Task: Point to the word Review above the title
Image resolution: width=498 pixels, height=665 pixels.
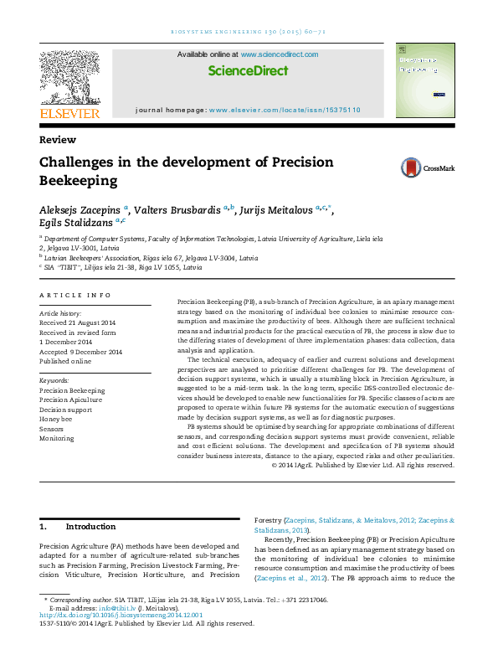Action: click(58, 140)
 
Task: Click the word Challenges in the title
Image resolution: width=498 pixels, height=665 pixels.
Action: click(80, 162)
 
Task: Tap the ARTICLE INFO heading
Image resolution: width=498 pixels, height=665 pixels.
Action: click(75, 296)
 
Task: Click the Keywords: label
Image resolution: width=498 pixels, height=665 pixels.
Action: click(54, 380)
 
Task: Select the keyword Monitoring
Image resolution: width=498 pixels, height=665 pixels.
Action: click(57, 438)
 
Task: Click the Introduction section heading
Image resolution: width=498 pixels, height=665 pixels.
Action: click(90, 527)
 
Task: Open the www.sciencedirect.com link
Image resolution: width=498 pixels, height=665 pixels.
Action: click(280, 54)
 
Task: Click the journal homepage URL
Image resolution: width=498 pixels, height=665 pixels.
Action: click(285, 110)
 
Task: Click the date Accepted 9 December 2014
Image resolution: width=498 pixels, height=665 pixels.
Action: click(81, 352)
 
